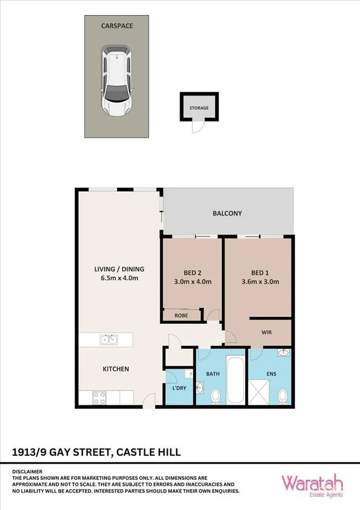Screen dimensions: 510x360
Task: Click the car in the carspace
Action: tap(117, 81)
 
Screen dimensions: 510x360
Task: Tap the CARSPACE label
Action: tap(116, 26)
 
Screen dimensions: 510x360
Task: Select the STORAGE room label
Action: tap(199, 108)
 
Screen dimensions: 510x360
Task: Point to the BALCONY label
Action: tap(227, 213)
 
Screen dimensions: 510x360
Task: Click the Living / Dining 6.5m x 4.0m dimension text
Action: tap(119, 279)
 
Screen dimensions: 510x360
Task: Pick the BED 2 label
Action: tap(192, 270)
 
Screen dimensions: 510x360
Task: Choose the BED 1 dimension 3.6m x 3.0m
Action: tap(259, 281)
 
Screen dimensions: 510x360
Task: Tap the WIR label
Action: tap(267, 331)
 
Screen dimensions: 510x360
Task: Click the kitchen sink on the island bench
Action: tap(108, 340)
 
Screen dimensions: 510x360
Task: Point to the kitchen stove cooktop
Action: tap(100, 397)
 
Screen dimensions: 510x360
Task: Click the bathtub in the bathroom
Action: tap(234, 381)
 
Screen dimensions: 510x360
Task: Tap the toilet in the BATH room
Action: tap(215, 396)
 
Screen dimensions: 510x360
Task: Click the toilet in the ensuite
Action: tap(283, 396)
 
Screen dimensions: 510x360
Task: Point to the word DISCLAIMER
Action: tap(28, 472)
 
